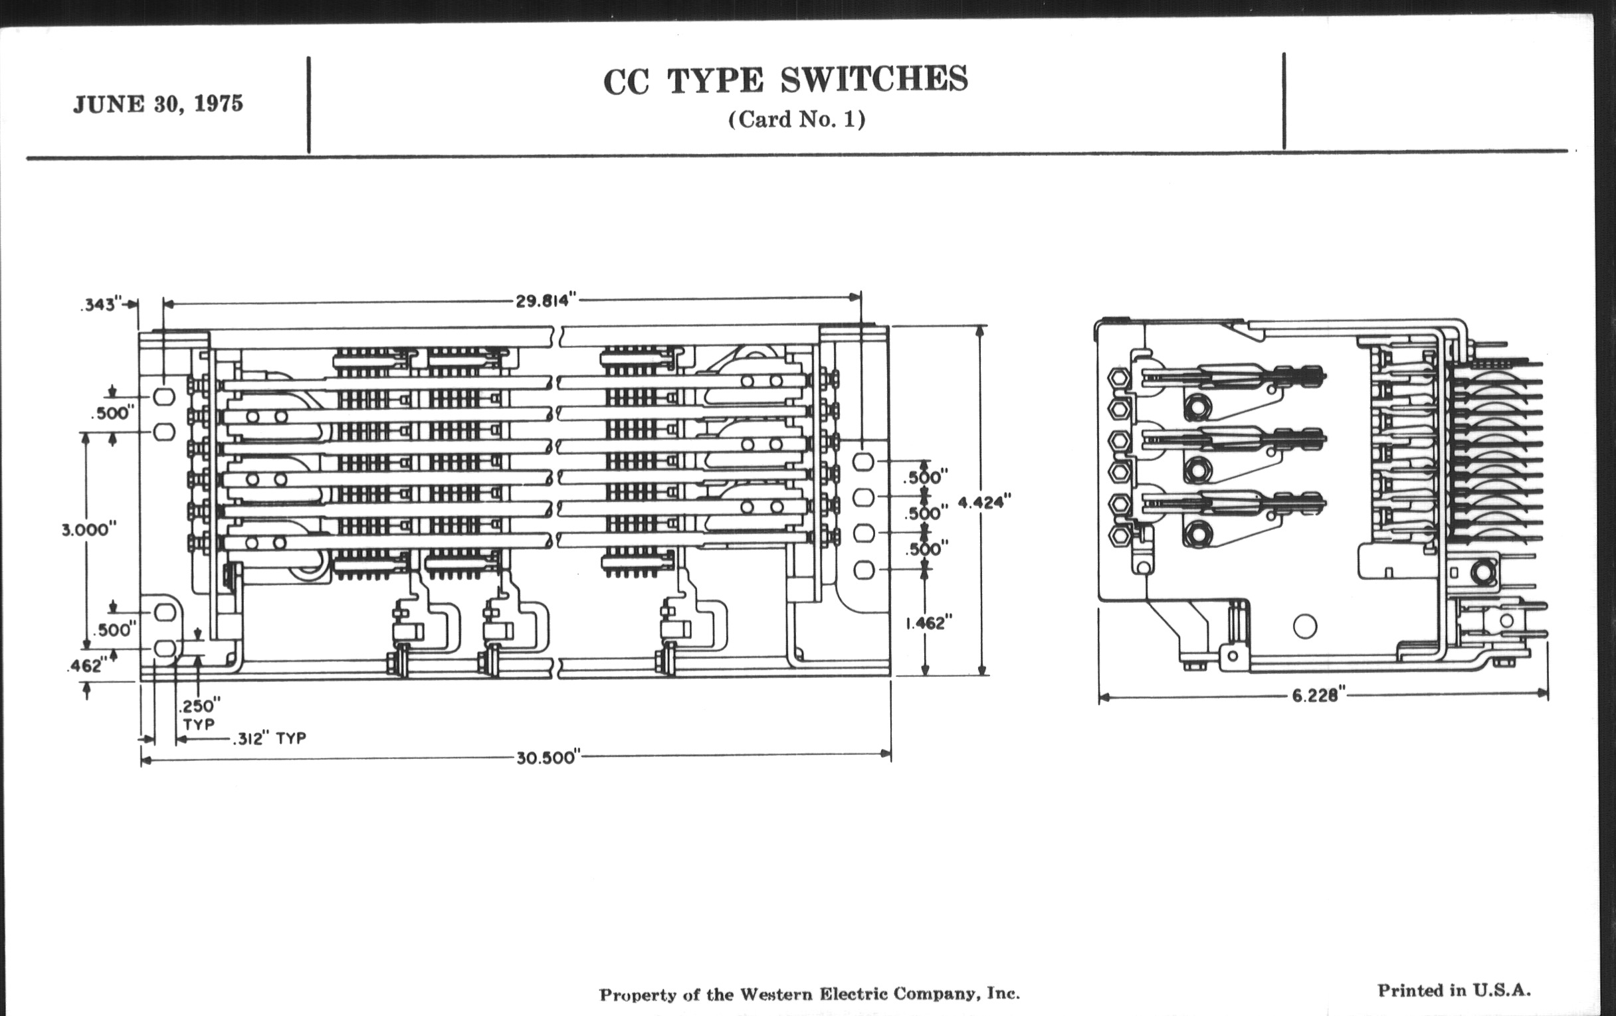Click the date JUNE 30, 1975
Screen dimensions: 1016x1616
point(158,105)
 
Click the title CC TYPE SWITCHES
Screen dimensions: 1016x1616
point(785,80)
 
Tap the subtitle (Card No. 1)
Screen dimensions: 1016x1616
point(797,120)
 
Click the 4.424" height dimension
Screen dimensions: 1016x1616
point(985,502)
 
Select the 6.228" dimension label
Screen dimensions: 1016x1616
point(1320,695)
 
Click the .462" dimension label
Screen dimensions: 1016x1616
point(86,665)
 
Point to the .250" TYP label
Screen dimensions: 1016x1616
point(199,715)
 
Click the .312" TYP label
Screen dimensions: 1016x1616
point(270,738)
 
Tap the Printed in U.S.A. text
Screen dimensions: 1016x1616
point(1455,989)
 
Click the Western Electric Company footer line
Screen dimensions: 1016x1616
point(809,993)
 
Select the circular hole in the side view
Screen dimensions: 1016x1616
point(1304,626)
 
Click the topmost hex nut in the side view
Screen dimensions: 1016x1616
point(1120,377)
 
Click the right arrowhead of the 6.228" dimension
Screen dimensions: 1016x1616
point(1544,693)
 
